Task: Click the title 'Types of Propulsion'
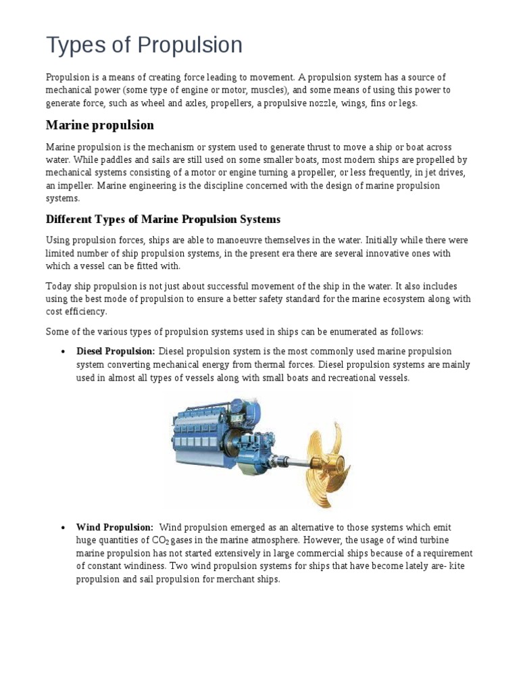(144, 45)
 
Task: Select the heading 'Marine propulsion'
(99, 125)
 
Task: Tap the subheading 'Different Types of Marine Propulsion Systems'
(162, 220)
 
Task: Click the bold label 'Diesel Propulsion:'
(116, 351)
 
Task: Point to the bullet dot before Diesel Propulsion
(62, 352)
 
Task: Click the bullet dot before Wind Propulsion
(62, 528)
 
